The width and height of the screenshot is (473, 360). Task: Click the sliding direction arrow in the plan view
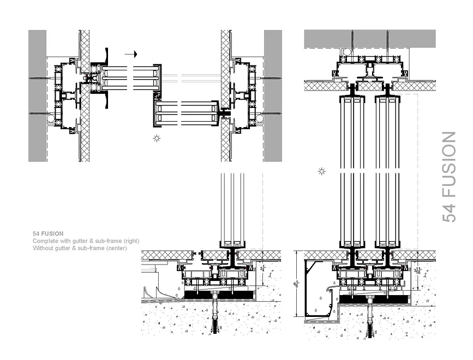coord(130,54)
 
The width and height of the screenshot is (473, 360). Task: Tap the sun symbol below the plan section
coord(157,139)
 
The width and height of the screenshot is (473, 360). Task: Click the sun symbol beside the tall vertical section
coord(322,172)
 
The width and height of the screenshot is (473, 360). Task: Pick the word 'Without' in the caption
coord(43,248)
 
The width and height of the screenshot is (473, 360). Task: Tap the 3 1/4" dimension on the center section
coord(262,268)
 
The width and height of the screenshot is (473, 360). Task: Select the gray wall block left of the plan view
coord(37,95)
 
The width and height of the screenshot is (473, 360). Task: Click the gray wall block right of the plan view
coord(273,95)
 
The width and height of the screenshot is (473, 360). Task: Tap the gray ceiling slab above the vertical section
coord(370,38)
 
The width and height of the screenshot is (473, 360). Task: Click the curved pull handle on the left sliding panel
coord(108,56)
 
